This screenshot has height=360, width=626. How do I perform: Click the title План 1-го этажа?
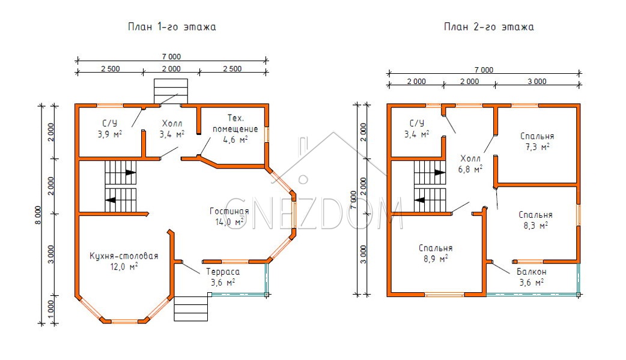click(x=172, y=27)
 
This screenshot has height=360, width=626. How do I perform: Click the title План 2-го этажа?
click(x=488, y=27)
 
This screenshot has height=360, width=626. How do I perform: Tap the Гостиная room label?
click(x=229, y=211)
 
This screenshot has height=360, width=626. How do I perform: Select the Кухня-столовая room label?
click(x=124, y=256)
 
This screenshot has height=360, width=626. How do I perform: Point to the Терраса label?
click(x=223, y=272)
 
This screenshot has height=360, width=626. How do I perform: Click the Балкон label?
click(x=532, y=272)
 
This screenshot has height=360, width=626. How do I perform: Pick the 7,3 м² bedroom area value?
click(x=537, y=147)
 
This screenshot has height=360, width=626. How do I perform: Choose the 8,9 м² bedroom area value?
click(x=436, y=259)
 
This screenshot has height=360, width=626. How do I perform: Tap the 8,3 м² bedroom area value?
click(x=535, y=225)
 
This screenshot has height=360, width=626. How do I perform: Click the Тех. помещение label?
click(x=235, y=124)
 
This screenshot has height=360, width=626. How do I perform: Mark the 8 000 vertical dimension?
click(x=38, y=215)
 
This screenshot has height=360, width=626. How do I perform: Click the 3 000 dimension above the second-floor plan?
click(x=537, y=82)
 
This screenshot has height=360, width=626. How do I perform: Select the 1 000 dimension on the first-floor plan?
click(x=50, y=308)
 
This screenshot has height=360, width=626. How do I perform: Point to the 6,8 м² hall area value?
click(x=470, y=169)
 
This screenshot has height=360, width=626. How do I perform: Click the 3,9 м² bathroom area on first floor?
click(x=110, y=134)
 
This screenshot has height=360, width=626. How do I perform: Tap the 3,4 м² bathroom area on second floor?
click(x=416, y=134)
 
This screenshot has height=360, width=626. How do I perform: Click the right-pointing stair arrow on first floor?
click(x=130, y=173)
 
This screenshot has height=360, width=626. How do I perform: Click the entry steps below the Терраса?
click(x=191, y=308)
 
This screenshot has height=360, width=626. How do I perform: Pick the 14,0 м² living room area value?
click(x=229, y=221)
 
